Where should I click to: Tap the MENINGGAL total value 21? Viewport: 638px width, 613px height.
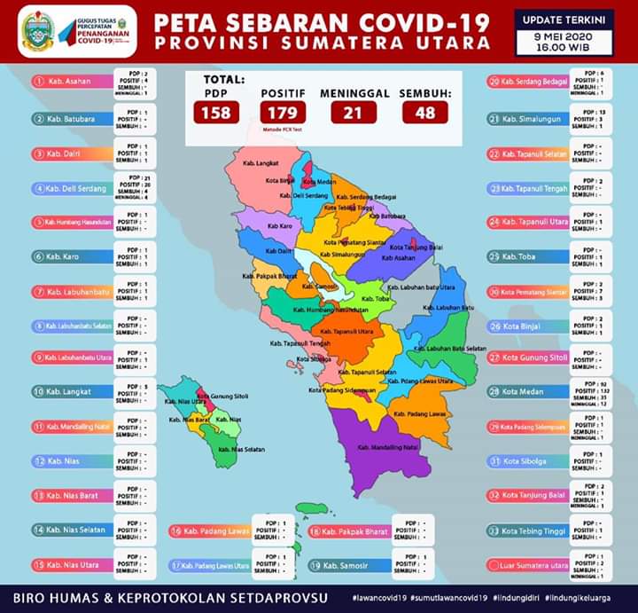click(353, 113)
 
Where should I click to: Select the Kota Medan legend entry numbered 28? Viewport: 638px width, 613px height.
click(526, 391)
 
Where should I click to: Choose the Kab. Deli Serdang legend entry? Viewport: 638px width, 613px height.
click(73, 189)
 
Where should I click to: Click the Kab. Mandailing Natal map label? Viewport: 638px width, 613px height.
click(387, 448)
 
